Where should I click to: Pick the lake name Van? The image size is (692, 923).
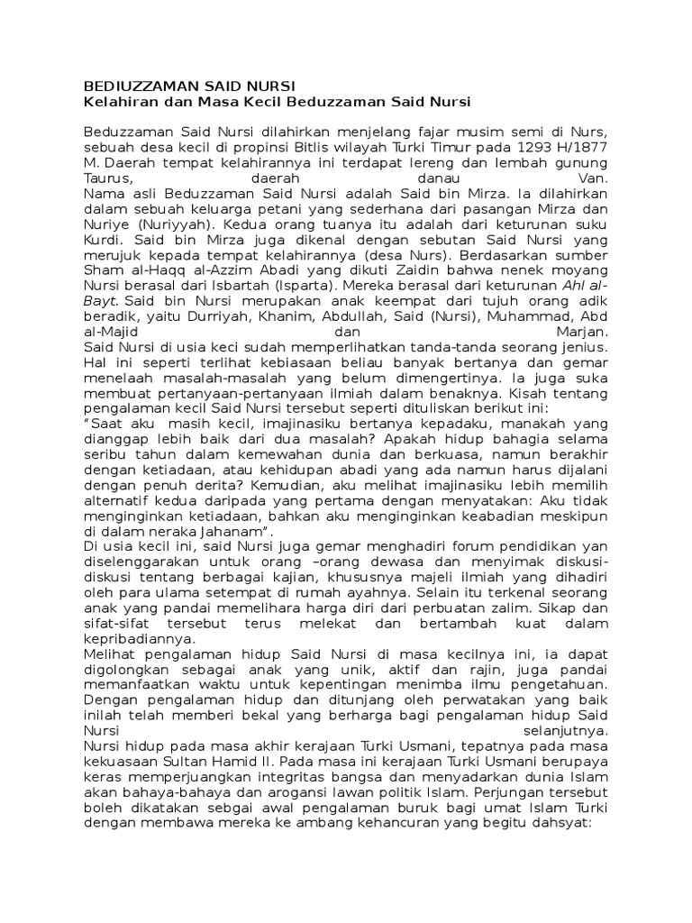(x=596, y=178)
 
